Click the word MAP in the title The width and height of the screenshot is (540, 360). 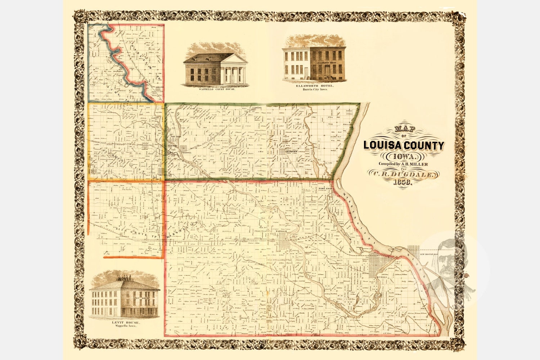404,129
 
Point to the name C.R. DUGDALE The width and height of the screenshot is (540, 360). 404,175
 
